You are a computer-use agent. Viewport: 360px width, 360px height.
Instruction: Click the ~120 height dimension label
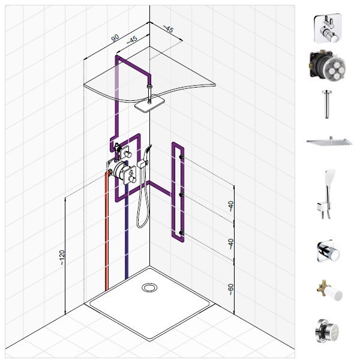tap(62, 257)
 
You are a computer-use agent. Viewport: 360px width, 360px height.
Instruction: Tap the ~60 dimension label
tap(231, 290)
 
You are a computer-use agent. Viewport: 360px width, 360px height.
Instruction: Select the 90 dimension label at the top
tap(115, 38)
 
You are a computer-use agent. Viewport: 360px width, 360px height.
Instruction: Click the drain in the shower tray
tap(149, 287)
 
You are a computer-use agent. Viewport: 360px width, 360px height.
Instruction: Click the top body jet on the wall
tap(182, 157)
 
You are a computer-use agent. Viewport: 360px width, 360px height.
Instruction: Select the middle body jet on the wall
tap(182, 195)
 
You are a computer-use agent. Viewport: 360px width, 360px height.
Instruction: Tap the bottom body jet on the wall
tap(182, 233)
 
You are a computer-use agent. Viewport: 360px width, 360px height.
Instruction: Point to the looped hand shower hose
tap(143, 202)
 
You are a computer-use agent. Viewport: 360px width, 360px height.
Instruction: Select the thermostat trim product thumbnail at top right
tap(327, 28)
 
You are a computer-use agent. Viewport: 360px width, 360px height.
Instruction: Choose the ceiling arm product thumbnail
tap(327, 104)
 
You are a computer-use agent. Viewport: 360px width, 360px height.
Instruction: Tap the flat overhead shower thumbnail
tap(329, 141)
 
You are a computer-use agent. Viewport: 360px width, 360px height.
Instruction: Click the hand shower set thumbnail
tap(327, 194)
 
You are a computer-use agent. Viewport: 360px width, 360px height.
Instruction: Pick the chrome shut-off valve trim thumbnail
tap(328, 251)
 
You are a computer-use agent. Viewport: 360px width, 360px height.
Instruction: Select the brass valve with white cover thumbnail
tap(329, 290)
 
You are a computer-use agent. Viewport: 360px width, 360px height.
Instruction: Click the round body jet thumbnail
tap(327, 331)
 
